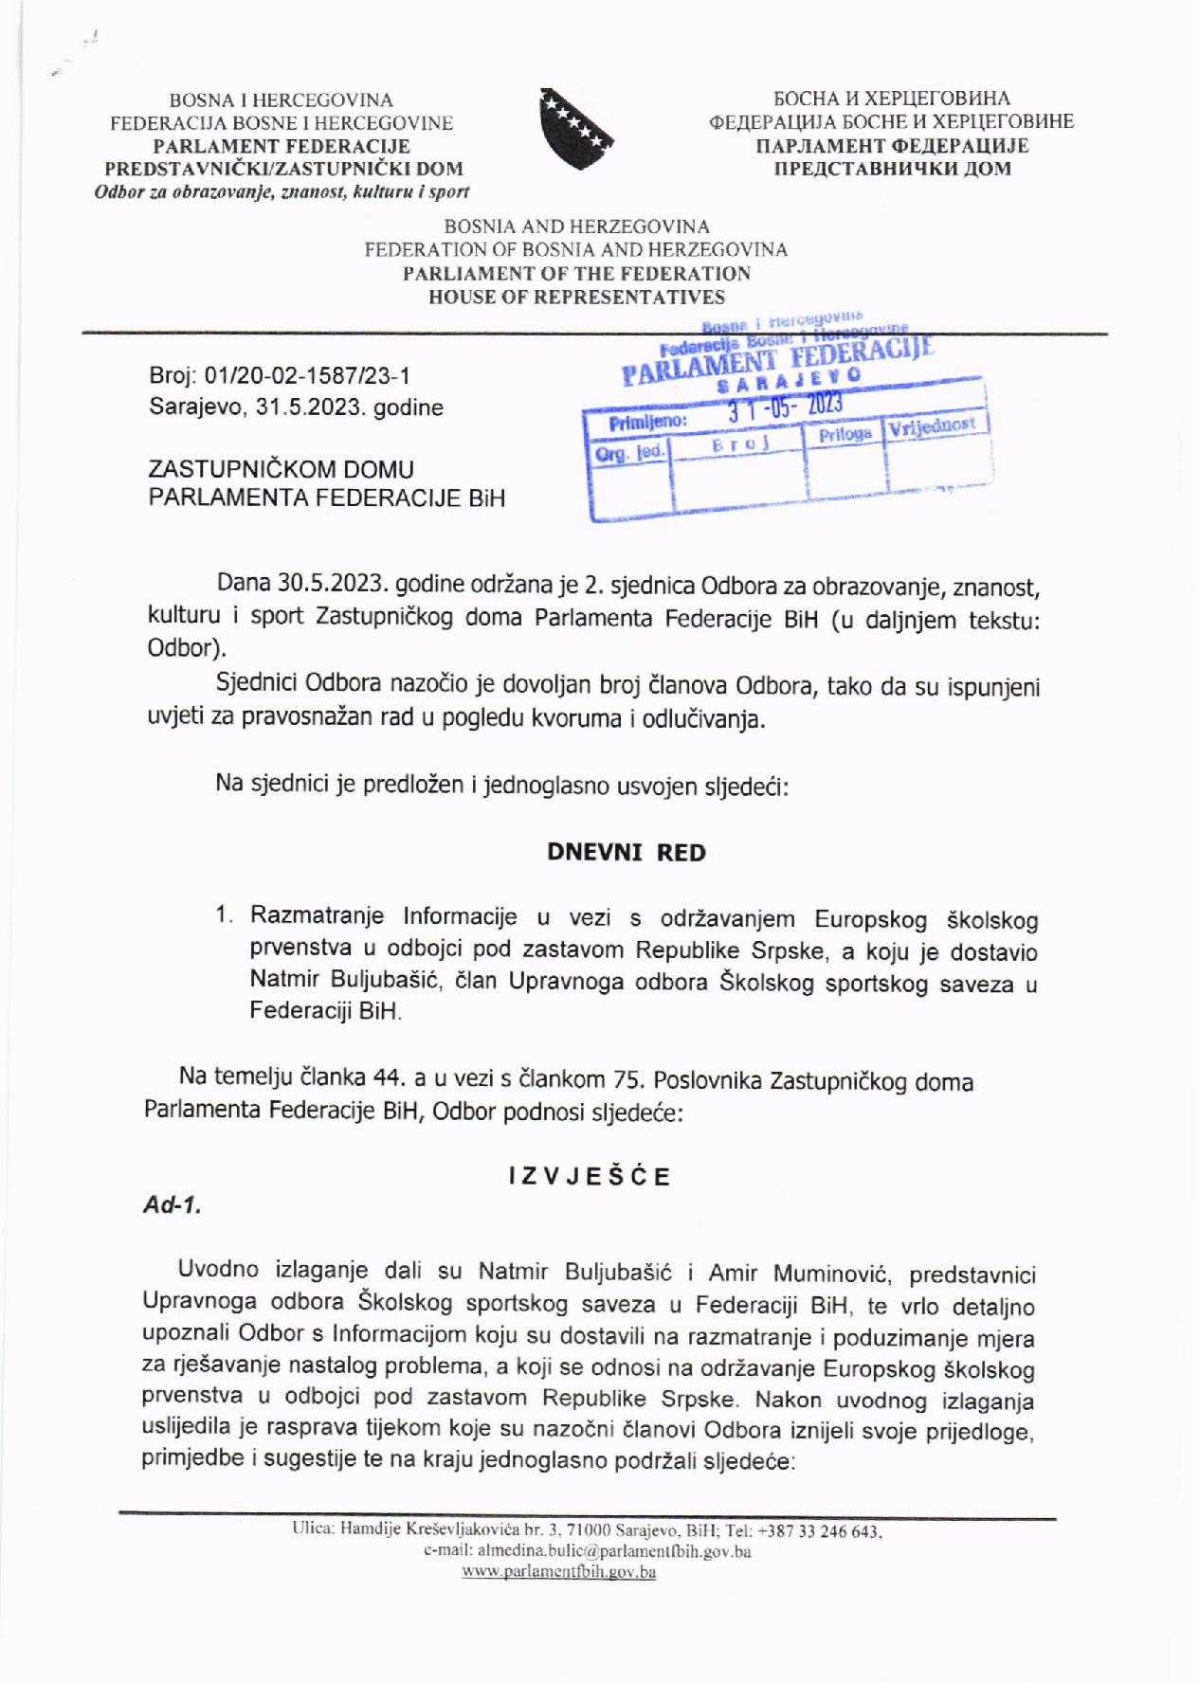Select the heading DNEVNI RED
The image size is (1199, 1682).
[x=627, y=852]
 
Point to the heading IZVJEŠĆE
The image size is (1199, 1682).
[x=590, y=1177]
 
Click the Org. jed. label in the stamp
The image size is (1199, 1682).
[x=628, y=454]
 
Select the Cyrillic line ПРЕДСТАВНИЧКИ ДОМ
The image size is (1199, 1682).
[x=892, y=169]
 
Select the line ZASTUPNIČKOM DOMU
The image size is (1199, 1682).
[x=282, y=469]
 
